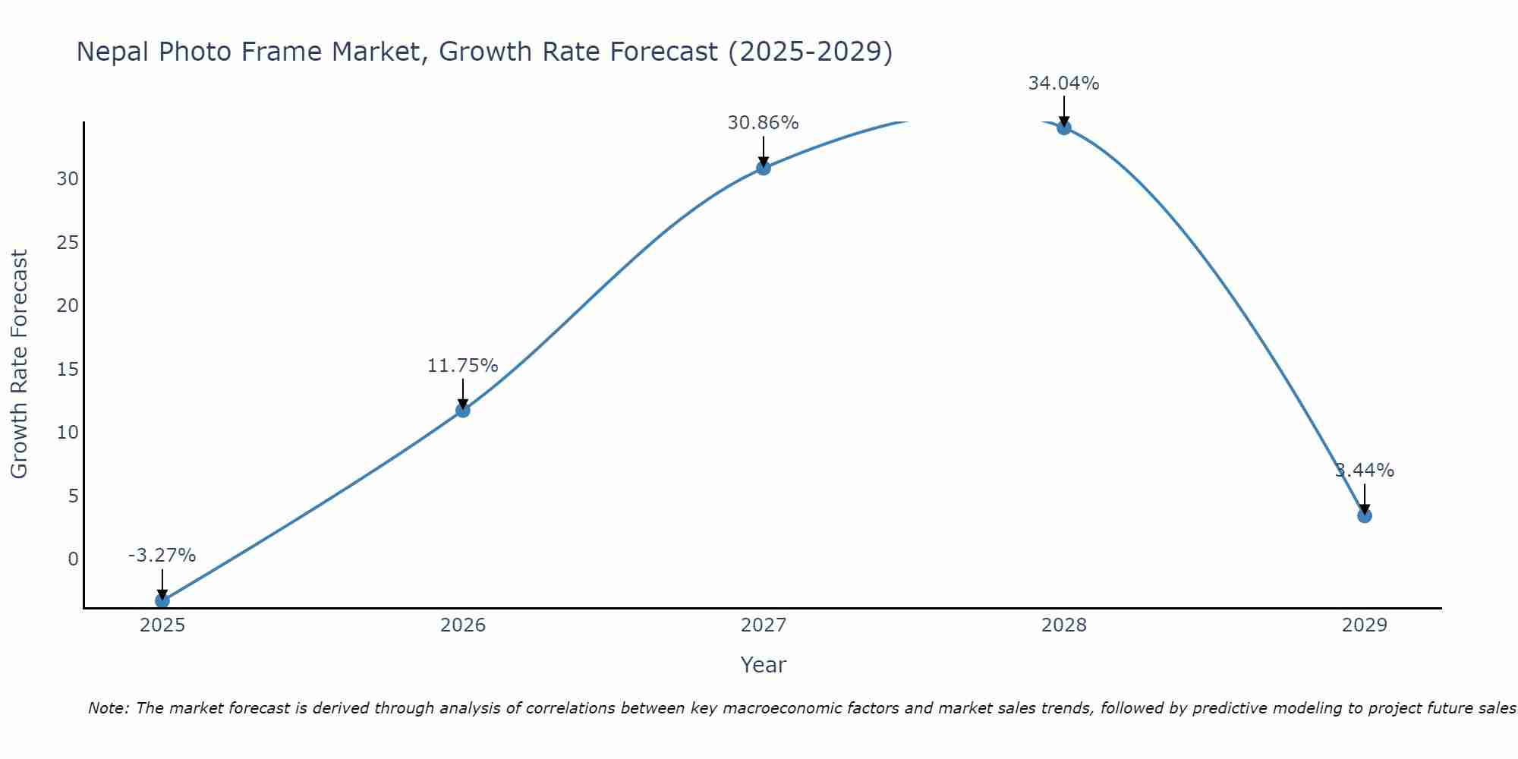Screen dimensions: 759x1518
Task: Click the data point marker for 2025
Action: [x=162, y=600]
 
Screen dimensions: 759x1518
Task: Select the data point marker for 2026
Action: [x=462, y=411]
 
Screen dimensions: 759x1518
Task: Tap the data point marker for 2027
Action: [x=763, y=168]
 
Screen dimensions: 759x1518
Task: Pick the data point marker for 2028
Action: [x=1063, y=128]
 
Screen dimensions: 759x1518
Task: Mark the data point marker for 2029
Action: [x=1364, y=515]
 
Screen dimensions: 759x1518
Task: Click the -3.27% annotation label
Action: [x=162, y=556]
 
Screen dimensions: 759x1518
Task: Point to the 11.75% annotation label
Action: [x=462, y=366]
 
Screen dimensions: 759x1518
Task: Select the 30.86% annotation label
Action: [x=763, y=123]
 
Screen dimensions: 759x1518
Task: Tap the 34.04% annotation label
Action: [x=1063, y=83]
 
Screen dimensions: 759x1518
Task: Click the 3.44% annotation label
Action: [x=1364, y=471]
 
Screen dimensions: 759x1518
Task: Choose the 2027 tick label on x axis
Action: [x=763, y=625]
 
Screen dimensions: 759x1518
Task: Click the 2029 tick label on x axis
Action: [x=1364, y=625]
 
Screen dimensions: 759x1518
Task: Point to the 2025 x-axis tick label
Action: [x=162, y=625]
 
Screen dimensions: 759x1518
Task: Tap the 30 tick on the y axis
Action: [x=68, y=179]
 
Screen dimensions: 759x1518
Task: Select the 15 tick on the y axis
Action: [x=68, y=370]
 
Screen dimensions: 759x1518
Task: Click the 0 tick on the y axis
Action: [x=73, y=559]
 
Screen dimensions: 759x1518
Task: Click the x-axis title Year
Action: [x=763, y=665]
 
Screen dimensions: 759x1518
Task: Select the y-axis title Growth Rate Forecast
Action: [x=20, y=364]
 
